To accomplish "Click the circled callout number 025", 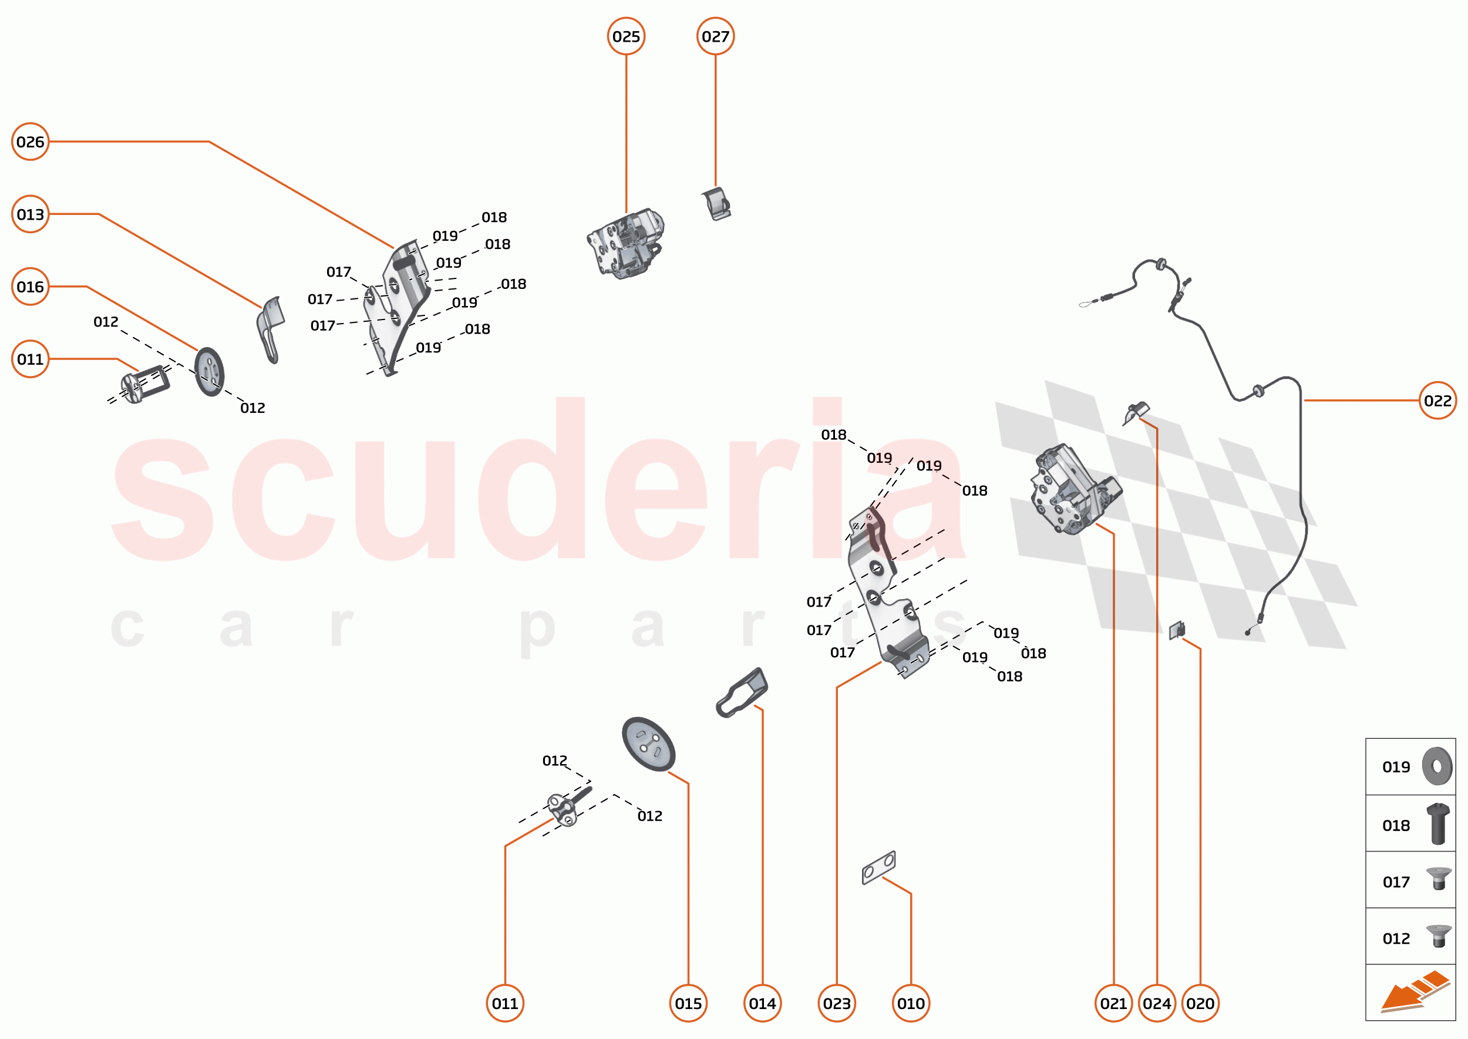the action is click(625, 36).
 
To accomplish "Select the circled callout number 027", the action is click(715, 36).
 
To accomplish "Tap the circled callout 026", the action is click(30, 142).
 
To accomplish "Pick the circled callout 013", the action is click(30, 214).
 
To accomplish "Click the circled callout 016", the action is click(30, 287).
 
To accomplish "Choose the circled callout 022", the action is click(1437, 401).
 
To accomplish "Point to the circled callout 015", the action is click(688, 1003).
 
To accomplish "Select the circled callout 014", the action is click(762, 1003).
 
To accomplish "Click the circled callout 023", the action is click(837, 1003).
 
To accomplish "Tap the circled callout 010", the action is click(911, 1003).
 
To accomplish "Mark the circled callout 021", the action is click(1114, 1003).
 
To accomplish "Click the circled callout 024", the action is click(1156, 1003).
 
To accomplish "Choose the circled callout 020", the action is click(1200, 1003).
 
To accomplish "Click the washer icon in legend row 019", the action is click(1437, 766).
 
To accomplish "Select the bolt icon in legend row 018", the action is click(1438, 824).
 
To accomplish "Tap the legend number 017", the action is click(1396, 882).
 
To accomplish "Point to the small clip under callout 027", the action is click(716, 204).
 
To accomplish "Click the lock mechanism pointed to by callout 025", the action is click(625, 244).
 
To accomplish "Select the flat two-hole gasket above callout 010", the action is click(878, 867).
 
